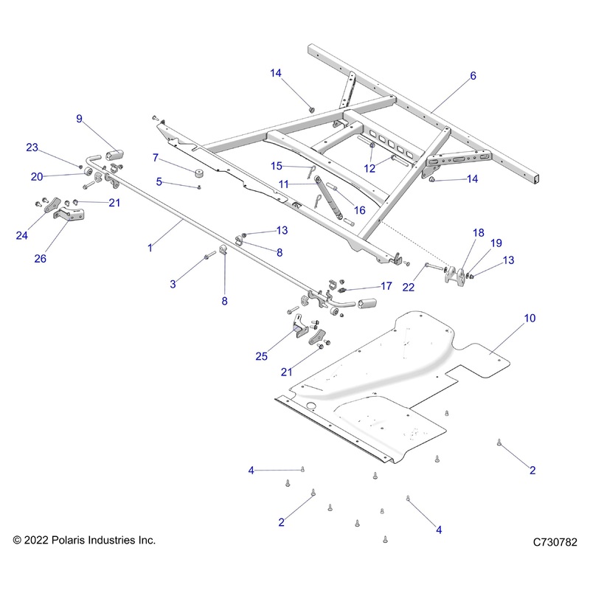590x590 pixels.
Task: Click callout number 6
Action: pos(473,76)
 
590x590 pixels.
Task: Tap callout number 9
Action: pos(80,118)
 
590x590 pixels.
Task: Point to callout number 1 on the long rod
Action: pos(150,248)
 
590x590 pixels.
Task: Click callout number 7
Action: pos(156,157)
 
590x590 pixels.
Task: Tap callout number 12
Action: pos(369,168)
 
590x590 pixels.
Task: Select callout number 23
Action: pos(32,147)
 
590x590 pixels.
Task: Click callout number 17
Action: pos(386,285)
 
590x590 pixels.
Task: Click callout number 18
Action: pos(478,232)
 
